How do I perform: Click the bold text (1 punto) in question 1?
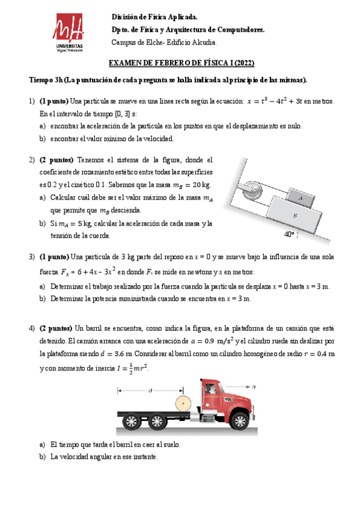53,101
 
